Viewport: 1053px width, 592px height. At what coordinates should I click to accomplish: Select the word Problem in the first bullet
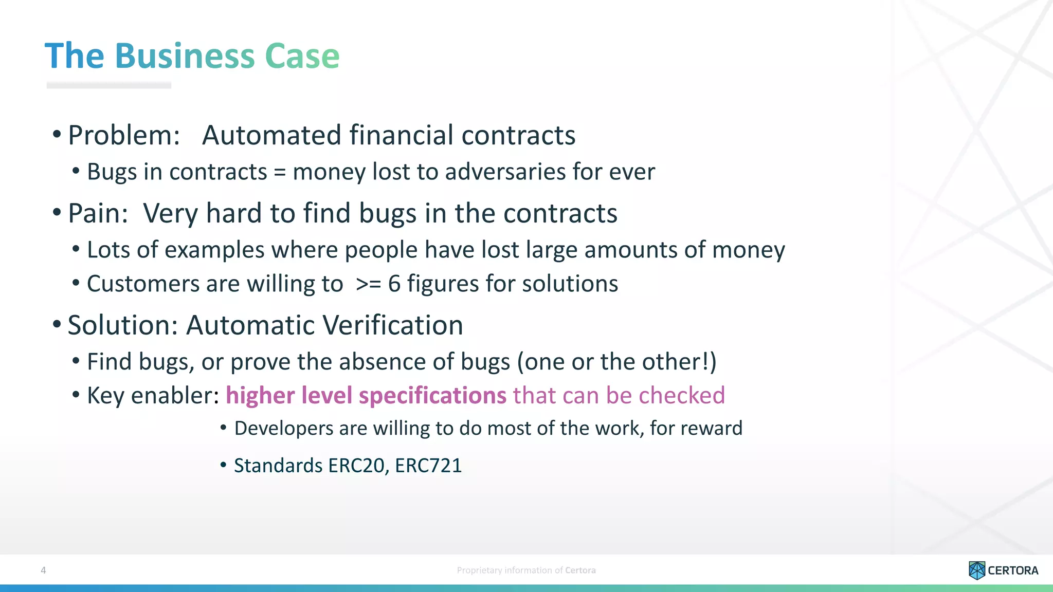[123, 136]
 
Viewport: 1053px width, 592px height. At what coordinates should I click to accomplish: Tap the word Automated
[271, 135]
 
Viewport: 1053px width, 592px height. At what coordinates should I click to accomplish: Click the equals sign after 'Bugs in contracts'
[280, 172]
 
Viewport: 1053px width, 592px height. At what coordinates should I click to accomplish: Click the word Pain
[97, 213]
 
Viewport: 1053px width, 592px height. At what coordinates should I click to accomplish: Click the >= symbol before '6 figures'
[368, 284]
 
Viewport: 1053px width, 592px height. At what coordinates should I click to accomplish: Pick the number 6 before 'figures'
[394, 284]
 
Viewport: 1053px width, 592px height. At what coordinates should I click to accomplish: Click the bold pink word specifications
[432, 396]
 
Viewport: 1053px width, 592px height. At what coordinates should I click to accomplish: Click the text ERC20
[357, 466]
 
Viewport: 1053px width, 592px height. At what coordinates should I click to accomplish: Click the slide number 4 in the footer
[43, 570]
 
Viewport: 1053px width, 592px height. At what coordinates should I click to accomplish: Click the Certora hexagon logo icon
[976, 570]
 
